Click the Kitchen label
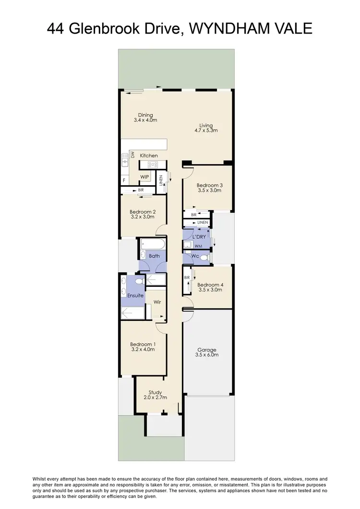pos(149,156)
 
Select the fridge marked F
pos(124,180)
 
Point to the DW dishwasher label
pos(132,154)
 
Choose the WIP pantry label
pos(144,177)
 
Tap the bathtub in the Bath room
pos(153,245)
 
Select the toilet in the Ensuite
pos(139,281)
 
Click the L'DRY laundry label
pos(199,237)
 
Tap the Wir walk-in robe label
pos(156,302)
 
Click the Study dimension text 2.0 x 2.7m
pos(155,398)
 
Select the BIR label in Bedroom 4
pos(186,278)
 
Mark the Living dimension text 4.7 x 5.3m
pos(206,130)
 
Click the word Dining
pos(145,115)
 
